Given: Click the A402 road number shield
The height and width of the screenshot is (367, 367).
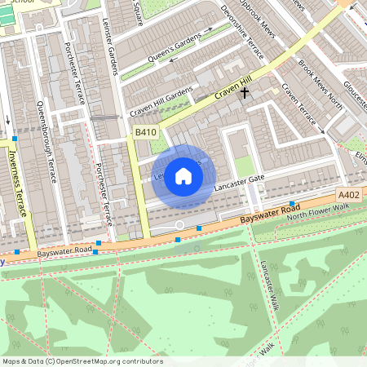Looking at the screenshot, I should tap(349, 194).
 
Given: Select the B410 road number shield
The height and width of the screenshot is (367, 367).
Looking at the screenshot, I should tap(145, 132).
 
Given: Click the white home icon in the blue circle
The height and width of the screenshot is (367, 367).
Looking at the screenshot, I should tap(183, 175).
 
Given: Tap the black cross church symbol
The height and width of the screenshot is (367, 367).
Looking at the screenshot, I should tap(244, 93).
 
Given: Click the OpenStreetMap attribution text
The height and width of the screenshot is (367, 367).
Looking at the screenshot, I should tap(82, 361).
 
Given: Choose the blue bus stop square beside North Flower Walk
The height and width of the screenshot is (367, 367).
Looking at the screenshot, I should tap(291, 203).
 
